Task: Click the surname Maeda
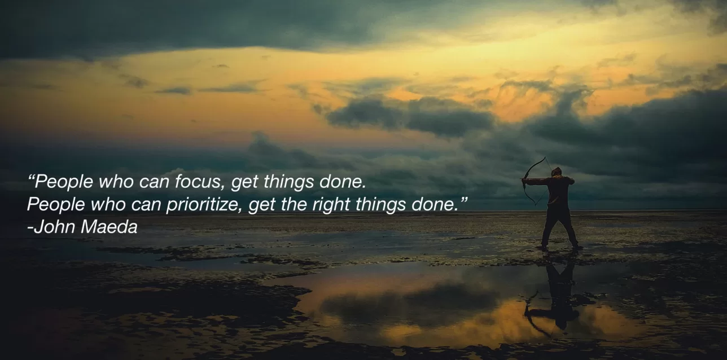tap(109, 226)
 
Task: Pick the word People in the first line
tap(64, 182)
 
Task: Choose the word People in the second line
tap(56, 205)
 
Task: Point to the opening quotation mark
tap(31, 178)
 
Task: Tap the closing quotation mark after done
tap(465, 199)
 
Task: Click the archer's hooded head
tap(556, 172)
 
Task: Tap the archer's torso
tap(558, 191)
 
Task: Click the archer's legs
tap(559, 227)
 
